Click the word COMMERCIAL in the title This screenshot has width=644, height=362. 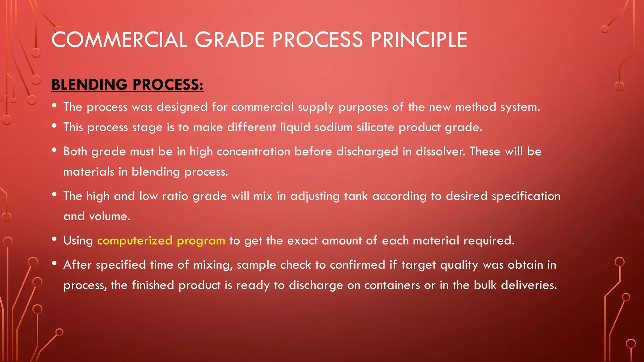119,40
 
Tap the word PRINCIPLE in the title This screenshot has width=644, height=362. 419,40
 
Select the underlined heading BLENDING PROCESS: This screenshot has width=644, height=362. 127,85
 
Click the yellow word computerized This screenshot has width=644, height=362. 135,240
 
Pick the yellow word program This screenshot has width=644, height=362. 201,241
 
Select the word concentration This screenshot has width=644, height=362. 253,151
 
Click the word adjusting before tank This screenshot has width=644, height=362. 315,196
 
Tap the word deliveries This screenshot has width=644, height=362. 529,285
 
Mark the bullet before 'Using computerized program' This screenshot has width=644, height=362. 54,239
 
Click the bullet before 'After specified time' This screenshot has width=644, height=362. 54,264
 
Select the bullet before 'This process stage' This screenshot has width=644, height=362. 54,126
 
